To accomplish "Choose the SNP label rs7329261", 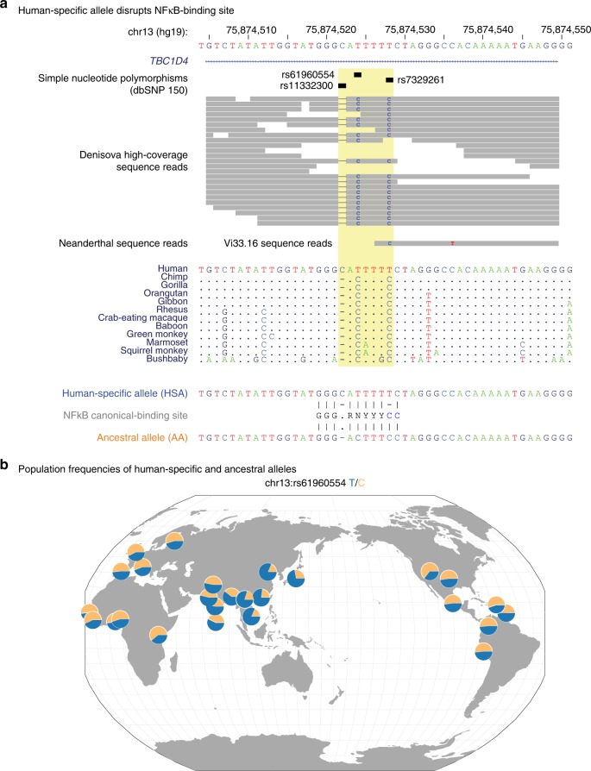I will pyautogui.click(x=422, y=80).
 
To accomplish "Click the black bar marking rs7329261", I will pyautogui.click(x=390, y=80).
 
